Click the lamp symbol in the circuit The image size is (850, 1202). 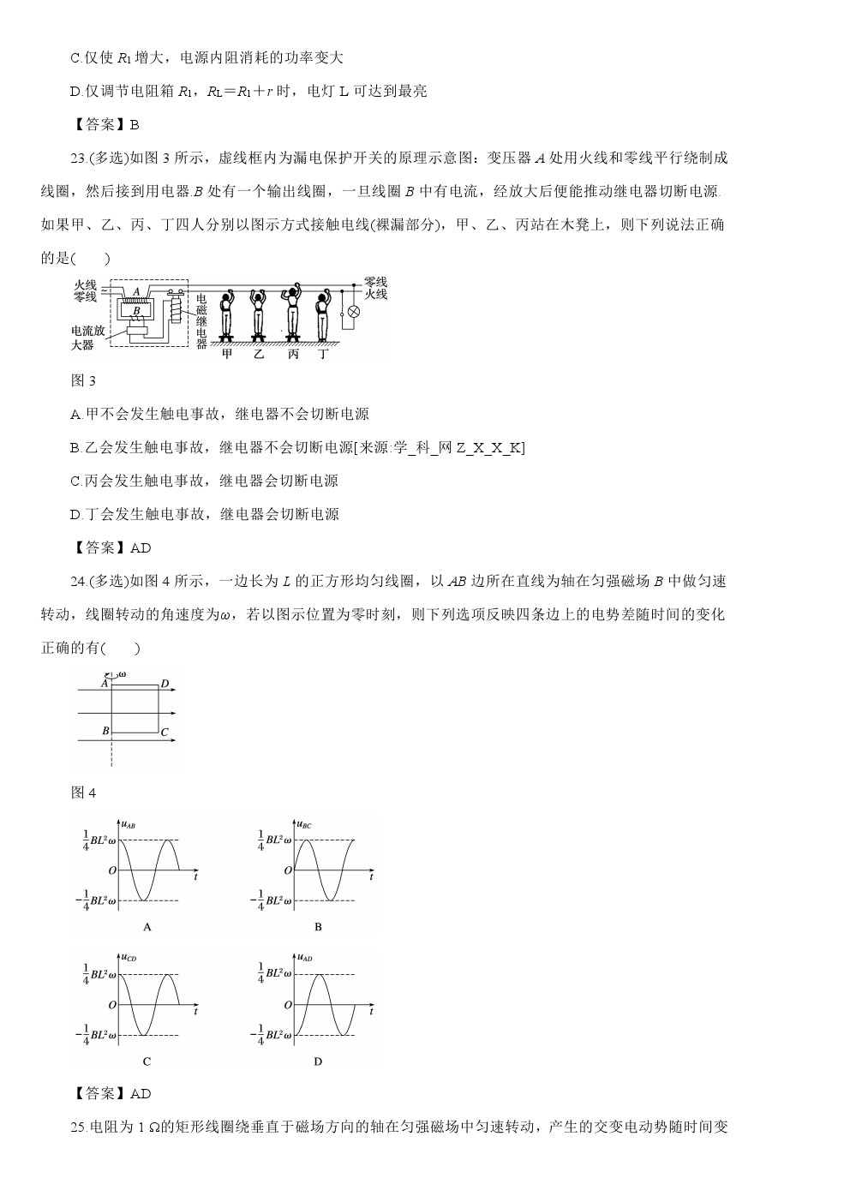pyautogui.click(x=349, y=314)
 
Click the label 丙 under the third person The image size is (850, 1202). pyautogui.click(x=293, y=354)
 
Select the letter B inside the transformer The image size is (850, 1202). pyautogui.click(x=136, y=310)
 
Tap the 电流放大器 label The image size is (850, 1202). pyautogui.click(x=88, y=337)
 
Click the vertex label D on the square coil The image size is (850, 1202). pyautogui.click(x=165, y=684)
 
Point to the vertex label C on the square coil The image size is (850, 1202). pyautogui.click(x=165, y=733)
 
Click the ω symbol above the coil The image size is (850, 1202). pyautogui.click(x=121, y=674)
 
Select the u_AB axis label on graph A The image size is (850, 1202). pyautogui.click(x=129, y=825)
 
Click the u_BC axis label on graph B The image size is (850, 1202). pyautogui.click(x=304, y=825)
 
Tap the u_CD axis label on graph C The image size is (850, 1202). pyautogui.click(x=129, y=957)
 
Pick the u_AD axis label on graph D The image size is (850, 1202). pyautogui.click(x=304, y=957)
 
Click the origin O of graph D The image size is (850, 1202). pyautogui.click(x=288, y=1005)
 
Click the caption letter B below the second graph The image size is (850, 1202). pyautogui.click(x=318, y=927)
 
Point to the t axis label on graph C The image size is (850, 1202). pyautogui.click(x=196, y=1011)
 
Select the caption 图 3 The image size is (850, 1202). pyautogui.click(x=83, y=381)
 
